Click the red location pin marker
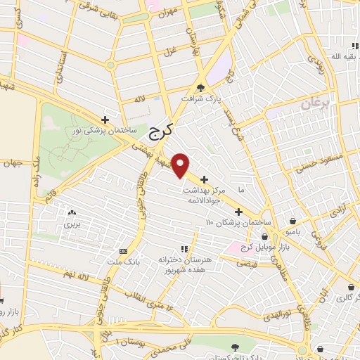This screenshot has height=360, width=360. coord(181,165)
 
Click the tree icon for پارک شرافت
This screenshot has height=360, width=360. coord(202,88)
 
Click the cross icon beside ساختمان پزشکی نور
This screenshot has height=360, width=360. coord(105,120)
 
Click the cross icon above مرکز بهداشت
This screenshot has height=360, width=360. coord(205,179)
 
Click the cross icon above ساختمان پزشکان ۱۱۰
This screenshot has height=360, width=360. coord(238,212)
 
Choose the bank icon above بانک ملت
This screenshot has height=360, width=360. coord(124,251)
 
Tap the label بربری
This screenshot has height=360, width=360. coord(71,224)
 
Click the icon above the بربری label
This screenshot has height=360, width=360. coord(71,213)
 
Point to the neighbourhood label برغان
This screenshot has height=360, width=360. coord(316,105)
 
